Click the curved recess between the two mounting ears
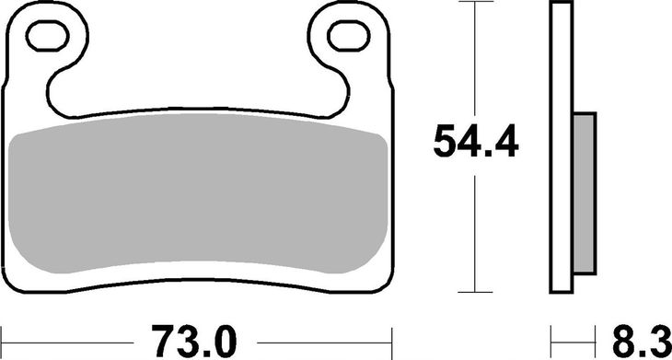tap(198, 106)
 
